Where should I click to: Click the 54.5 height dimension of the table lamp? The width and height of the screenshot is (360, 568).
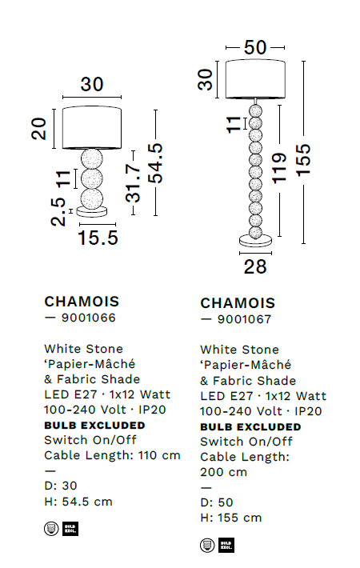click(156, 162)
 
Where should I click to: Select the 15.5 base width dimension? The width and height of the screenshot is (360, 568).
click(98, 238)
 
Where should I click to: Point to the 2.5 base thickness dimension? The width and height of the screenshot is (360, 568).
click(58, 212)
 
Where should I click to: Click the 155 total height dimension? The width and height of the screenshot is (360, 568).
click(303, 160)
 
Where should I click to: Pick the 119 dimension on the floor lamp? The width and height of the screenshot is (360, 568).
click(279, 168)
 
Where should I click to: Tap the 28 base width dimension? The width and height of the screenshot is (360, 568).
click(255, 266)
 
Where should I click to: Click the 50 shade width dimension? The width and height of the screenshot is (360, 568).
click(255, 47)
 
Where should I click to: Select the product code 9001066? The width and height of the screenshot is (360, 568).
click(88, 318)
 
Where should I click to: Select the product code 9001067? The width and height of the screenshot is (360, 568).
click(244, 319)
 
